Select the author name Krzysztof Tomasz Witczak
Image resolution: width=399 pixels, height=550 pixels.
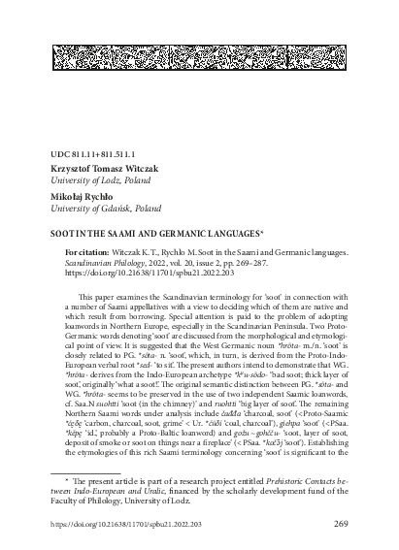(108, 168)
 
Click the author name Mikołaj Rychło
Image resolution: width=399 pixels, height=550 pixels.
(81, 196)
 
